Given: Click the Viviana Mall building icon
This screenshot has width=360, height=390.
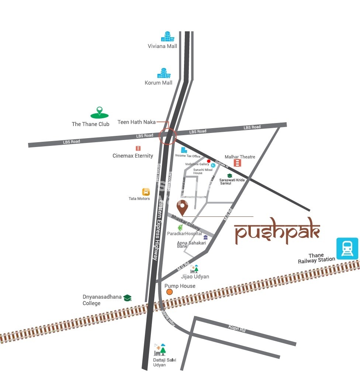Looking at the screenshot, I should tap(167, 37).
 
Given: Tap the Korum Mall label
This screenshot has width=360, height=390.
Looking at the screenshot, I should tap(159, 83).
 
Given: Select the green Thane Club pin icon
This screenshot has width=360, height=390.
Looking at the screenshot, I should tap(99, 112).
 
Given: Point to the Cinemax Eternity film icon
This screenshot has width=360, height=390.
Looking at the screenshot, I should tap(138, 148).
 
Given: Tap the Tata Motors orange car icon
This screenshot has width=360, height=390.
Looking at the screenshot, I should tap(146, 192).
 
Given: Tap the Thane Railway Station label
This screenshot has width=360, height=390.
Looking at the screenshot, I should tap(316, 258).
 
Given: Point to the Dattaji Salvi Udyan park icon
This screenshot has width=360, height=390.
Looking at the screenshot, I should tap(160, 349).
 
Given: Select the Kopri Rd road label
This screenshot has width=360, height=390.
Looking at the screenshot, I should tap(237, 328).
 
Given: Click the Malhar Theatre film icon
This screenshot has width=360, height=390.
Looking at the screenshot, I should tap(238, 163).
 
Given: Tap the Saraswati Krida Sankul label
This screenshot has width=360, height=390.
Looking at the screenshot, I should tap(232, 181).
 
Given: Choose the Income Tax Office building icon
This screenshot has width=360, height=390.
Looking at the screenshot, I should tap(184, 150).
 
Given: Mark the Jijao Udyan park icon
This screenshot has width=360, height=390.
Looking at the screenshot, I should tap(195, 269).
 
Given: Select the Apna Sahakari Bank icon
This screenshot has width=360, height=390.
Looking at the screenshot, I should tap(205, 237).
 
